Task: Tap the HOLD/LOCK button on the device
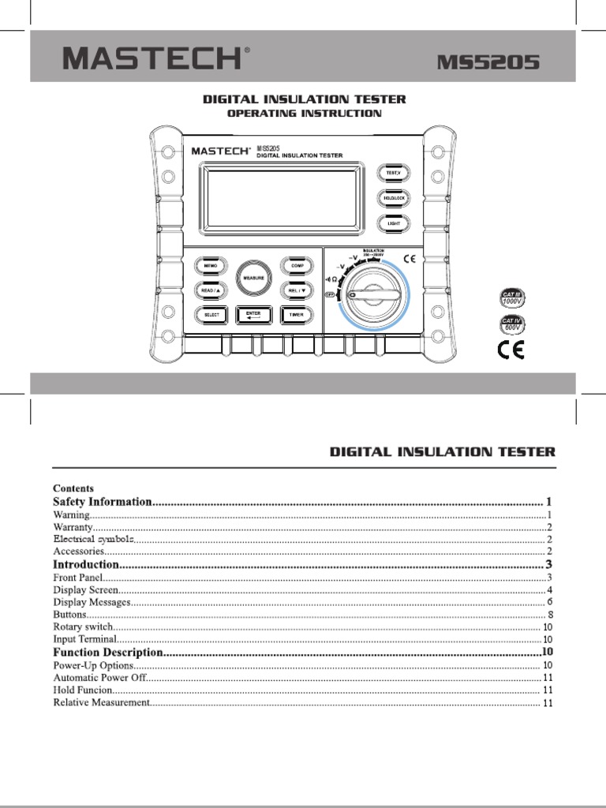(x=393, y=197)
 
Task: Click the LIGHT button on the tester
(x=393, y=223)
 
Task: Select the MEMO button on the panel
(x=210, y=266)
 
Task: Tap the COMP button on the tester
(x=297, y=266)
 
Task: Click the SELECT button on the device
(x=211, y=315)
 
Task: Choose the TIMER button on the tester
(x=296, y=315)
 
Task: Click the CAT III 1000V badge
(x=513, y=298)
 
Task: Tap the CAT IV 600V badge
(x=513, y=324)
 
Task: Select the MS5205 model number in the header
(x=489, y=62)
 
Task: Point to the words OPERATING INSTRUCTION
(x=305, y=114)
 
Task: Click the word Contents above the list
(x=73, y=488)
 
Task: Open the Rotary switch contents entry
(x=83, y=627)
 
